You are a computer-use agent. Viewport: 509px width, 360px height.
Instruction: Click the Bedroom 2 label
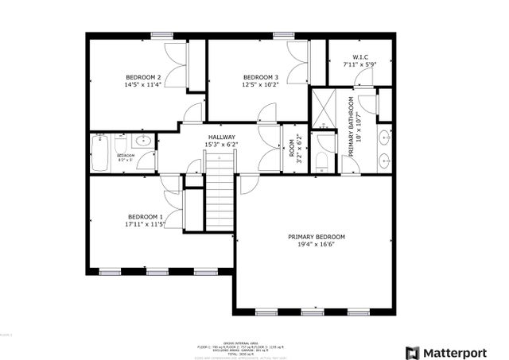[137, 76]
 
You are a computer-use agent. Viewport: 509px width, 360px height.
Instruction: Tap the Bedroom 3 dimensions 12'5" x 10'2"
[261, 84]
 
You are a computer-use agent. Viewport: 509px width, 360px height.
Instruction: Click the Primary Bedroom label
[317, 237]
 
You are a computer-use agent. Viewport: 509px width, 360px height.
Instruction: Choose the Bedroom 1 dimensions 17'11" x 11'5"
[145, 225]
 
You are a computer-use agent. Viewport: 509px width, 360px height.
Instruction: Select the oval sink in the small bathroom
[144, 141]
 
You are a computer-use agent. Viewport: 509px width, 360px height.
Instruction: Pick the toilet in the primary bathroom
[322, 161]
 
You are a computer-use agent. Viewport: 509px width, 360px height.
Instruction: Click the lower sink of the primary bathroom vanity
[383, 159]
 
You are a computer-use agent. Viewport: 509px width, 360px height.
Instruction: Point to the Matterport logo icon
[413, 352]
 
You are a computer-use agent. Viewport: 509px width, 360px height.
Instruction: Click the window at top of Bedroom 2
[161, 35]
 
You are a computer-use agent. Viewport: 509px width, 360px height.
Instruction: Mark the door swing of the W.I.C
[364, 77]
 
